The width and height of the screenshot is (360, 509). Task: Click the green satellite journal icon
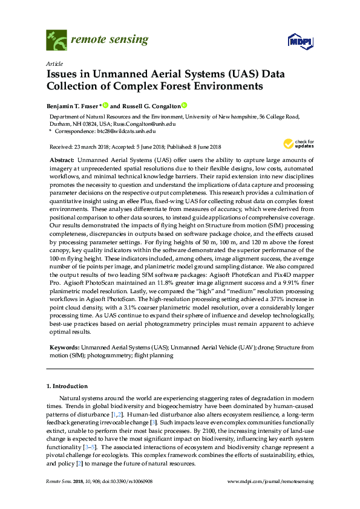[56, 41]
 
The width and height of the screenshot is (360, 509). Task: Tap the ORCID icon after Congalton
[185, 105]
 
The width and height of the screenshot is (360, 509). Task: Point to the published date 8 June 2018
[203, 147]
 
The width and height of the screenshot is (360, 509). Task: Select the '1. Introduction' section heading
[67, 386]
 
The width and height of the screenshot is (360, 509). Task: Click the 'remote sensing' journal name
[110, 41]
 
